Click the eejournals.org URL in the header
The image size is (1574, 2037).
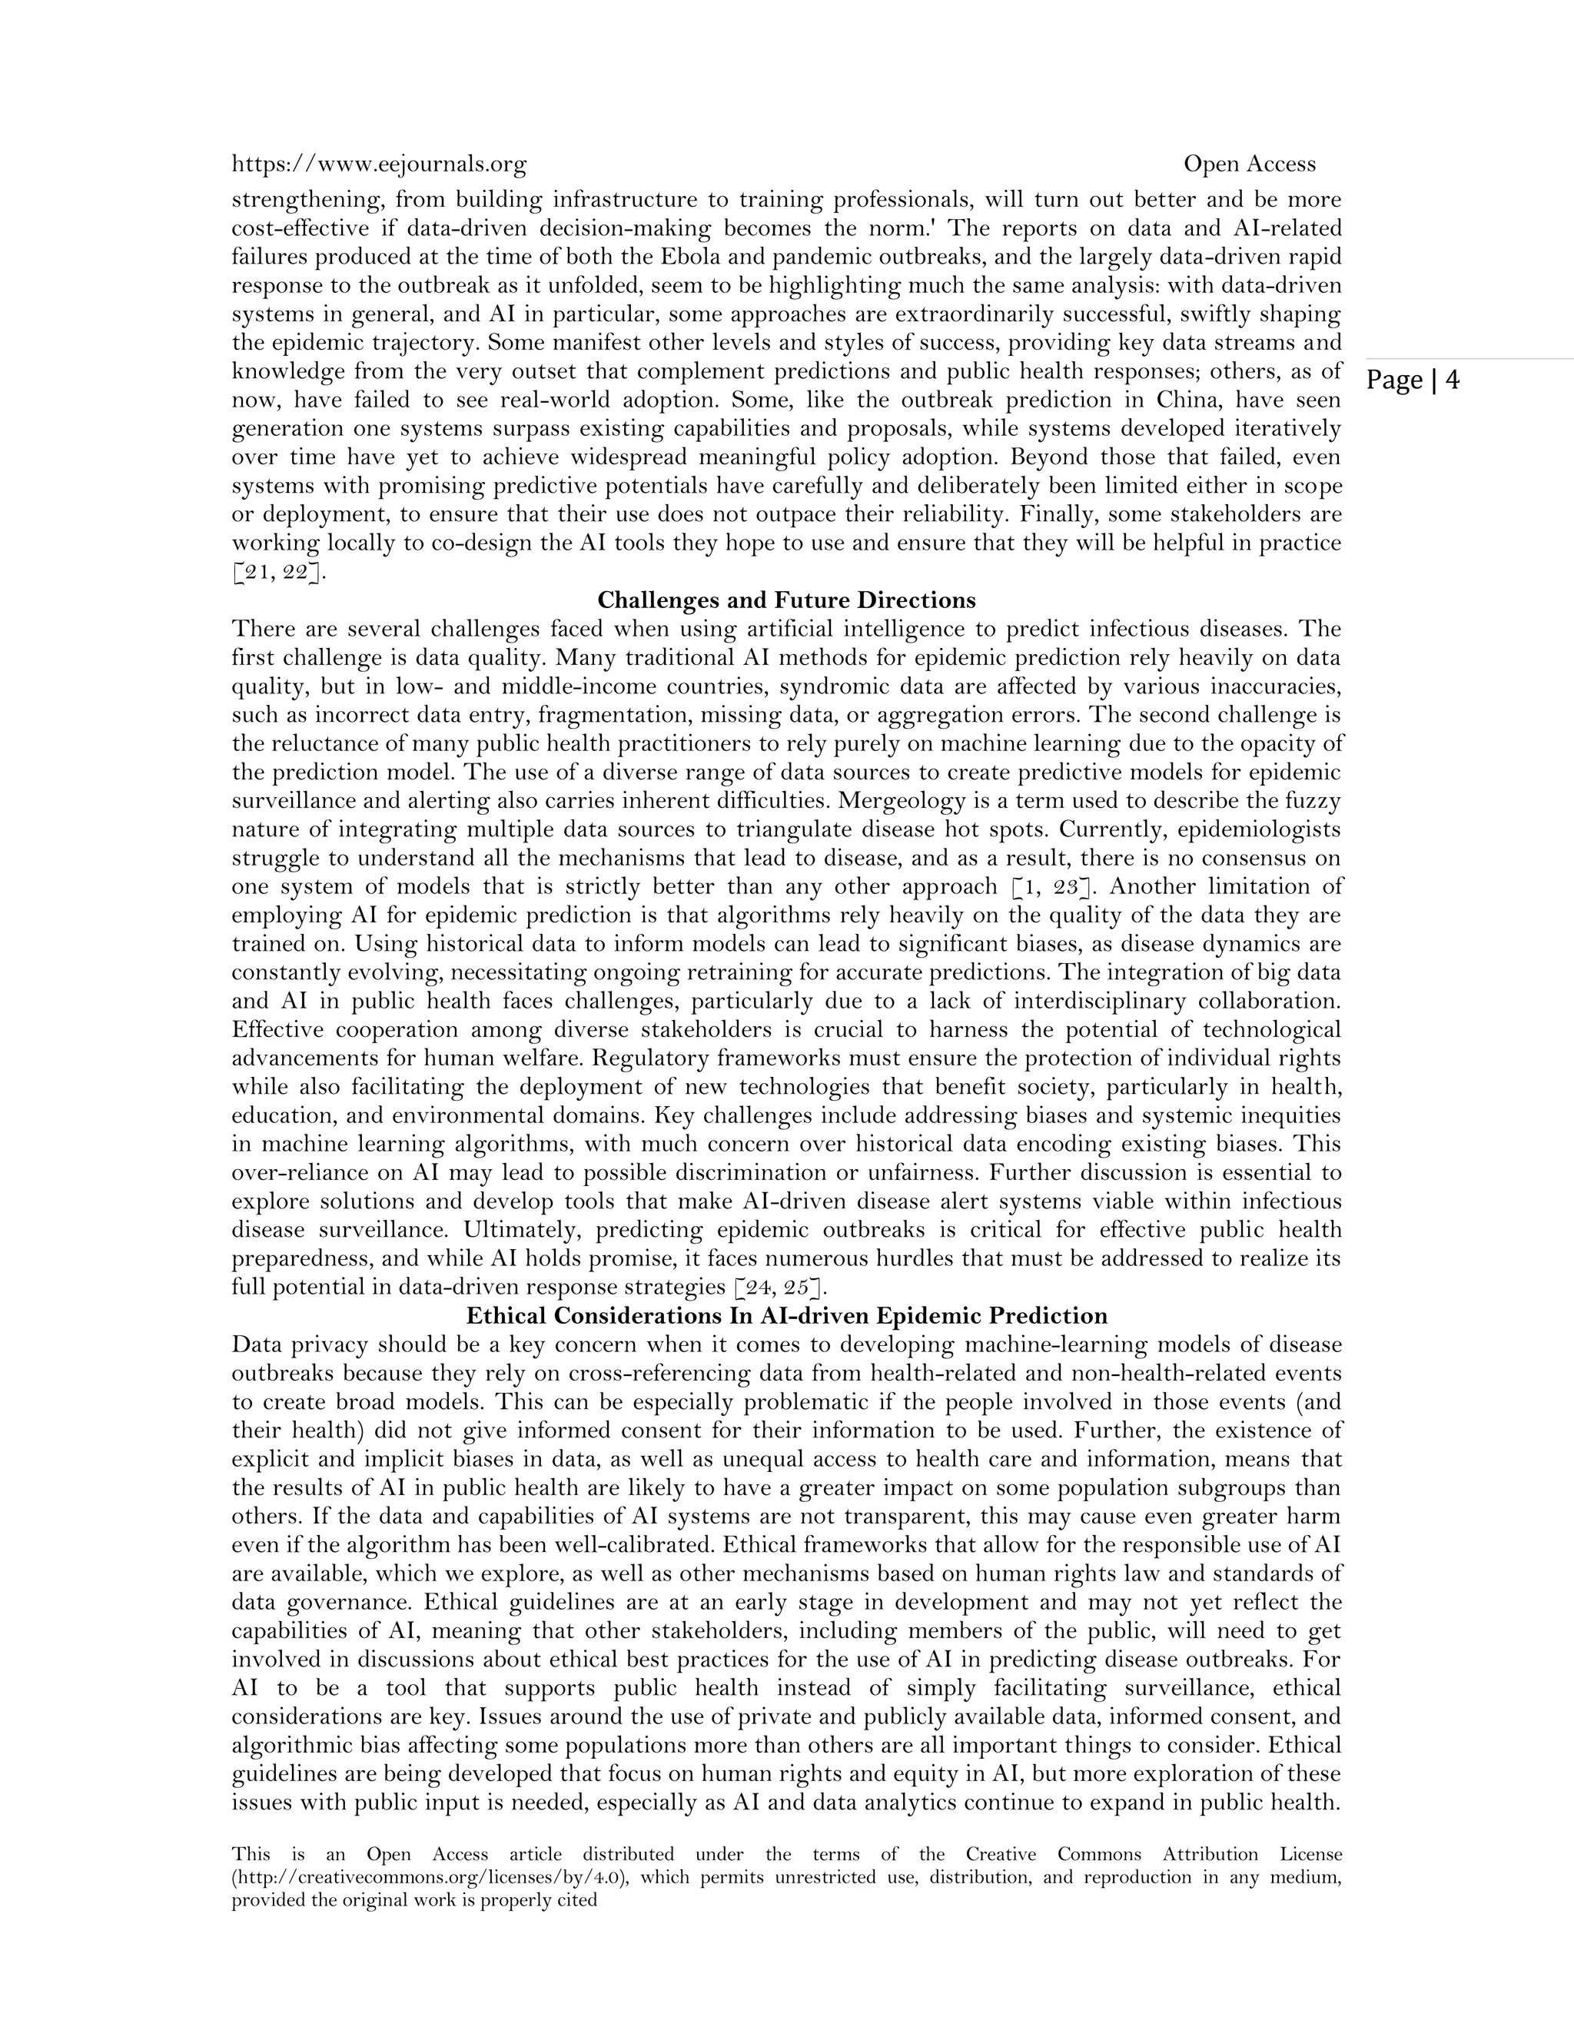click(x=379, y=164)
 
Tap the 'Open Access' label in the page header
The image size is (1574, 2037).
click(x=1250, y=164)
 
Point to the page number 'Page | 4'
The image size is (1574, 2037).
click(x=1413, y=380)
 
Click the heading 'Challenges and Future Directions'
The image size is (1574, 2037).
click(x=786, y=600)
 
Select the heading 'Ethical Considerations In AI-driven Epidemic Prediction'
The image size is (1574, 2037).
click(x=786, y=1316)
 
